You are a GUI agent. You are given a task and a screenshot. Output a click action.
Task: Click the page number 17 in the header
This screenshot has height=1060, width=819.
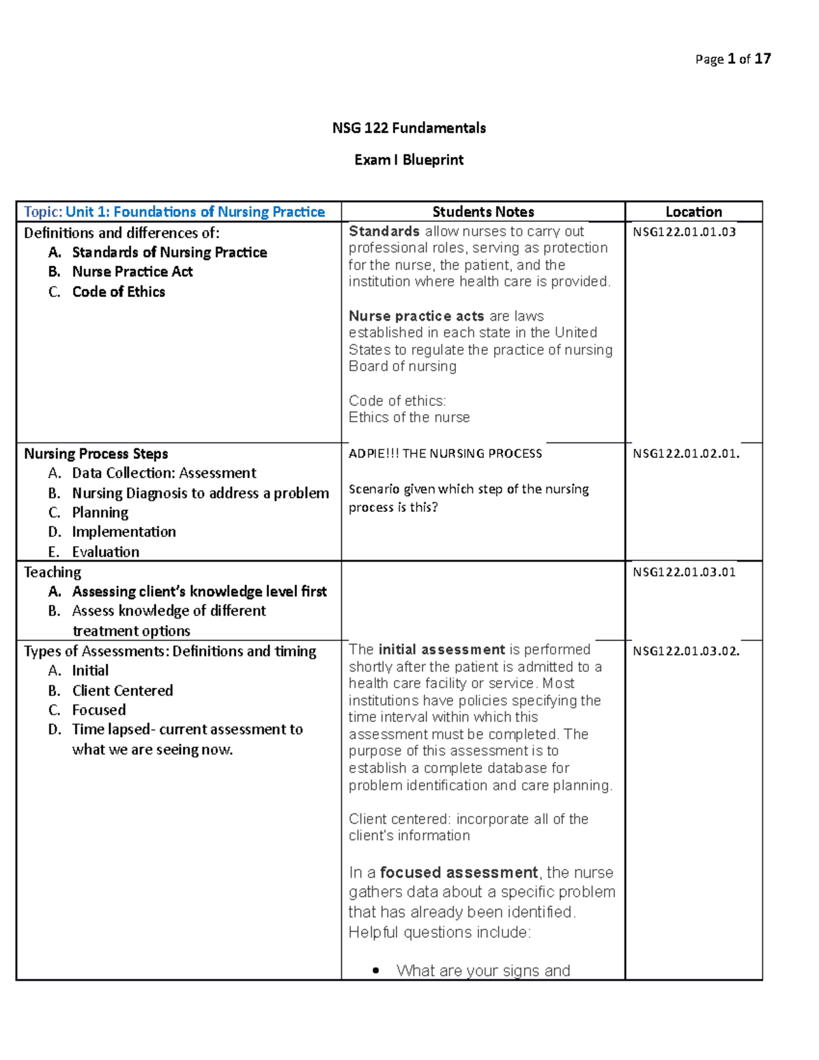[x=762, y=59]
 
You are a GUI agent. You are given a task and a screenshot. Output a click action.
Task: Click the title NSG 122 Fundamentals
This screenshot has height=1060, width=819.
[x=409, y=128]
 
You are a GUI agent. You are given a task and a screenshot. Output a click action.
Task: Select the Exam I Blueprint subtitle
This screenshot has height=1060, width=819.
[x=409, y=160]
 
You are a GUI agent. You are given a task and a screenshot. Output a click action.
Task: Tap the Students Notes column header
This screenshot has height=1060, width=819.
[x=483, y=212]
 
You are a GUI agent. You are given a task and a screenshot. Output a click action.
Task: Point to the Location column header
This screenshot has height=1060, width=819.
[x=693, y=212]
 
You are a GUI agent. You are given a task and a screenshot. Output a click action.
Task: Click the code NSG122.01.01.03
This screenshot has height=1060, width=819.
[x=684, y=232]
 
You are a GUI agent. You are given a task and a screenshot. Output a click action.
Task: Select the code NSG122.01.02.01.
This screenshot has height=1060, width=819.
[x=686, y=454]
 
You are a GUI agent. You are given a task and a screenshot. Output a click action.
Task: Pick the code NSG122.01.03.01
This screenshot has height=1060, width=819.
[x=684, y=572]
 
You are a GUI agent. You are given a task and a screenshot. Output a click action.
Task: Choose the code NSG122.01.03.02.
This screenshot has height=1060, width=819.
[x=686, y=651]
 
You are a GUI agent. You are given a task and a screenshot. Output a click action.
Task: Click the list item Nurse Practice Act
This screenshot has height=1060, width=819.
[x=132, y=272]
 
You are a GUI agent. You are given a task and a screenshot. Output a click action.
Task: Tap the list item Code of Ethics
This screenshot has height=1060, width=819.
[x=119, y=292]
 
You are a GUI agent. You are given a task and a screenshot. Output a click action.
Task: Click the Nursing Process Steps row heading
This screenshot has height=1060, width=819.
[x=96, y=454]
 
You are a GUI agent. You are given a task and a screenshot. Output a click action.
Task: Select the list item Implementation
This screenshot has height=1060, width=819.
[x=124, y=532]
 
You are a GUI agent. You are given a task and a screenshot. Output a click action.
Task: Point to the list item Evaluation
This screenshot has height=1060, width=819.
[x=106, y=552]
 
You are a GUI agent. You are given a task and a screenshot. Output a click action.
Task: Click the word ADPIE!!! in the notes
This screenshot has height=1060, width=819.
[x=374, y=454]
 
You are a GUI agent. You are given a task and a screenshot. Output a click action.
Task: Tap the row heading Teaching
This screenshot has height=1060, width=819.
[x=53, y=572]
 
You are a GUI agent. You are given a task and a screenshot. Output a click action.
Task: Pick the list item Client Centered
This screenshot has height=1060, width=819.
[x=123, y=690]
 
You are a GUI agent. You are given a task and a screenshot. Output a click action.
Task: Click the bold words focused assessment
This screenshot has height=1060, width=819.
[x=459, y=872]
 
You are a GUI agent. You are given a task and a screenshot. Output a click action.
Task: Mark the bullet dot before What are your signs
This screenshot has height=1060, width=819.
[x=376, y=971]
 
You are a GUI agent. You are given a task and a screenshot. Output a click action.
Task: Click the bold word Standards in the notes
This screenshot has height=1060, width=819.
[x=384, y=231]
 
